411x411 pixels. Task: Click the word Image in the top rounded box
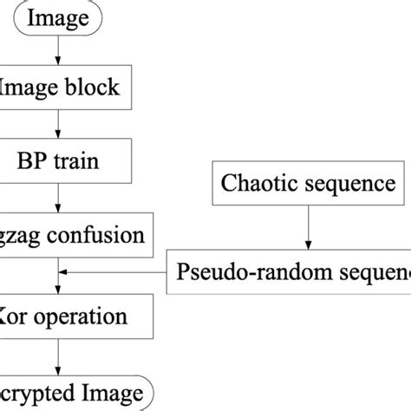[56, 18]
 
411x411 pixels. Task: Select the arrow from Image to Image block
[57, 51]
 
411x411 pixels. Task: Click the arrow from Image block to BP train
[57, 124]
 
